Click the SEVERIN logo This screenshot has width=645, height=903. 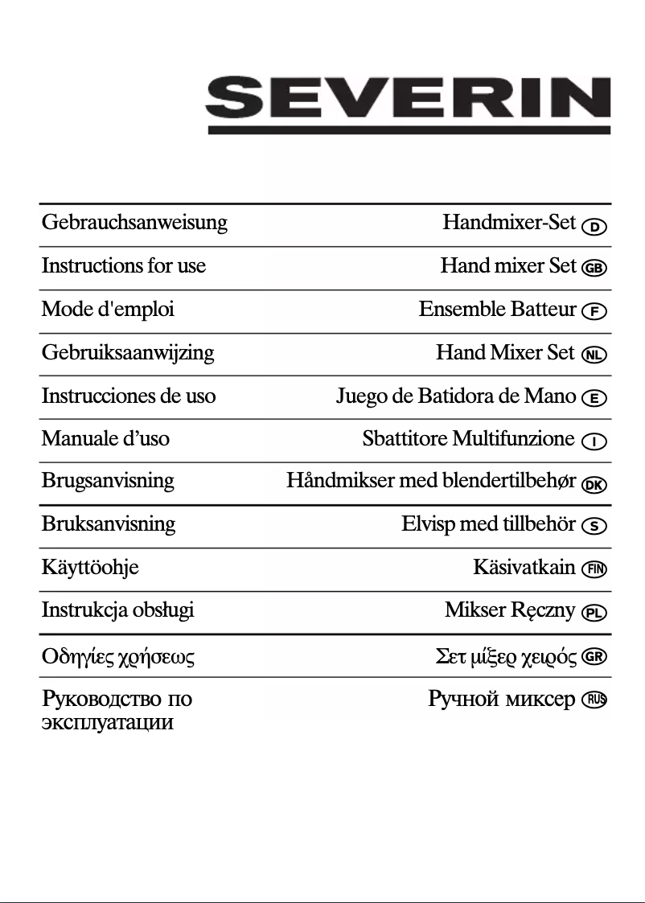click(x=408, y=105)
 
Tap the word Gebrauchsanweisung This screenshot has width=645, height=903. click(x=134, y=223)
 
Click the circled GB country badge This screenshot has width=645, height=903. click(x=595, y=269)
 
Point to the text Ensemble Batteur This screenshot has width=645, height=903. click(x=498, y=310)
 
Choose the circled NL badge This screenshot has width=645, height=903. click(x=595, y=355)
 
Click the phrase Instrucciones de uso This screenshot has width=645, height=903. click(x=129, y=396)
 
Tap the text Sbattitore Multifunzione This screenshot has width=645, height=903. click(x=469, y=439)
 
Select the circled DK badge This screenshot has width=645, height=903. click(x=595, y=484)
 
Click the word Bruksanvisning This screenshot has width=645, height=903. click(x=109, y=524)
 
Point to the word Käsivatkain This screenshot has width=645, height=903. click(x=524, y=568)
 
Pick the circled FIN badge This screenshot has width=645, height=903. click(x=595, y=570)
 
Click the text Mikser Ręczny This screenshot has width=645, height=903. click(x=511, y=611)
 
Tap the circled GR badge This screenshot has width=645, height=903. click(x=595, y=656)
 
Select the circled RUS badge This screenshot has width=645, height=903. click(x=595, y=700)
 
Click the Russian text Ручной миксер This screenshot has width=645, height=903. click(x=502, y=699)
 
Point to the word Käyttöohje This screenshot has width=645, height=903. click(x=90, y=568)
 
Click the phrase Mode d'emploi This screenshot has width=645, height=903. click(x=108, y=310)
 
